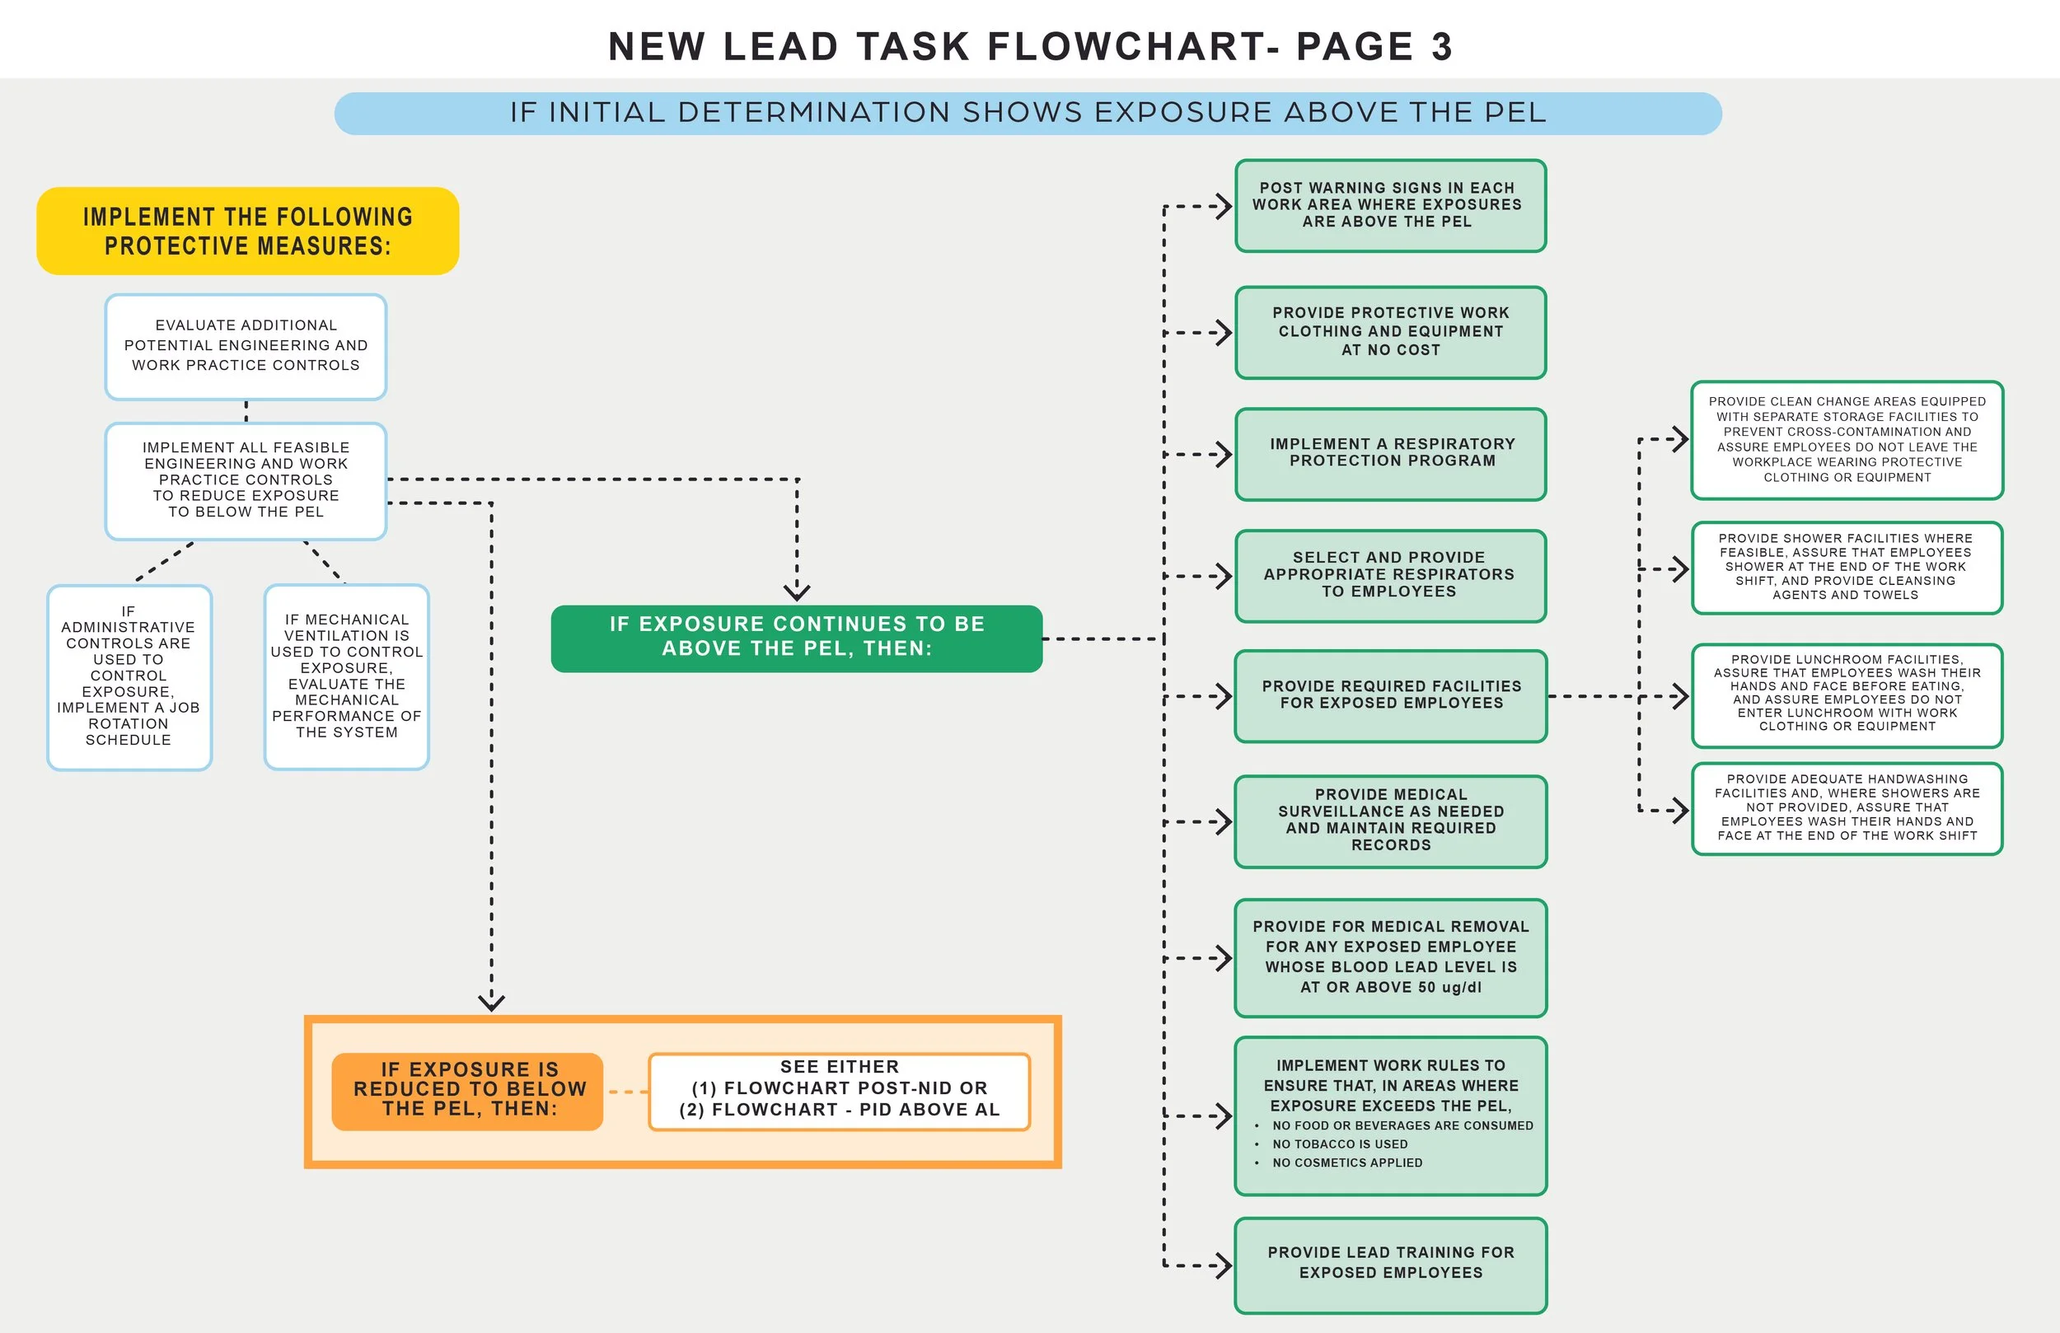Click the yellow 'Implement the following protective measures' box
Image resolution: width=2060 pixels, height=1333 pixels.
(x=247, y=232)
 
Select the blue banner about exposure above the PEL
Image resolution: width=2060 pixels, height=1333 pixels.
(x=1028, y=114)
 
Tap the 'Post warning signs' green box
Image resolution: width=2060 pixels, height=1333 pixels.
(x=1390, y=206)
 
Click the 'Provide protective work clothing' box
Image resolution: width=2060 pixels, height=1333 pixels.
(x=1390, y=332)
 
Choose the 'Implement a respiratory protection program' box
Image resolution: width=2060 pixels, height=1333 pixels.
(x=1390, y=454)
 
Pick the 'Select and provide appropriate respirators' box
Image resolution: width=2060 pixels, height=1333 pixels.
(x=1390, y=576)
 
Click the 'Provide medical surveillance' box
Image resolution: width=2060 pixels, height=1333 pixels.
(x=1390, y=821)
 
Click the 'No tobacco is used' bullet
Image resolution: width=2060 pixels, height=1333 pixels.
(x=1339, y=1144)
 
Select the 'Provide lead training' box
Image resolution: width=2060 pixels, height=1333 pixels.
(x=1390, y=1265)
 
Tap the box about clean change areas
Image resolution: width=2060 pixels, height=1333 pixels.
(x=1847, y=440)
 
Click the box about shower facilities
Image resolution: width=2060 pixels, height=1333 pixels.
(x=1847, y=568)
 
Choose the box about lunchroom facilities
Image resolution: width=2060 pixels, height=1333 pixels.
(x=1847, y=695)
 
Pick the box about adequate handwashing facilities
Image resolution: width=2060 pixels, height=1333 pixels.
(x=1847, y=808)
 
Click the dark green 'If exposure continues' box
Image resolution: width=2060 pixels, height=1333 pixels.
(x=796, y=638)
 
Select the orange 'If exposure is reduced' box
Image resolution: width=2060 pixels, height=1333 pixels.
(x=467, y=1091)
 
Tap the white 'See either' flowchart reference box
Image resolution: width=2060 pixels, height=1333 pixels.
(x=839, y=1091)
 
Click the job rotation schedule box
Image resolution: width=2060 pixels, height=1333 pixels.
(x=129, y=677)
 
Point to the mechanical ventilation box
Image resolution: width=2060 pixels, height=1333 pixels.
(x=346, y=677)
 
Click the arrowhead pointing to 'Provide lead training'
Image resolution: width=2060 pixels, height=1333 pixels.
(x=1224, y=1265)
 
